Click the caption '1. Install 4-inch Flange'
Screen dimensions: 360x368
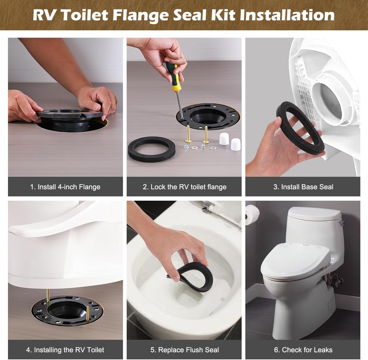pyautogui.click(x=65, y=187)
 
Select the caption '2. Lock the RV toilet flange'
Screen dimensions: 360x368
pyautogui.click(x=184, y=187)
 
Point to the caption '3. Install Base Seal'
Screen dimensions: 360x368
pyautogui.click(x=303, y=187)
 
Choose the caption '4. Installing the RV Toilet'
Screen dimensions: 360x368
pyautogui.click(x=65, y=350)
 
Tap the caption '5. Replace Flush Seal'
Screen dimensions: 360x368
pyautogui.click(x=184, y=350)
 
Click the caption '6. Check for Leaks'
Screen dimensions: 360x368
pyautogui.click(x=303, y=350)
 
